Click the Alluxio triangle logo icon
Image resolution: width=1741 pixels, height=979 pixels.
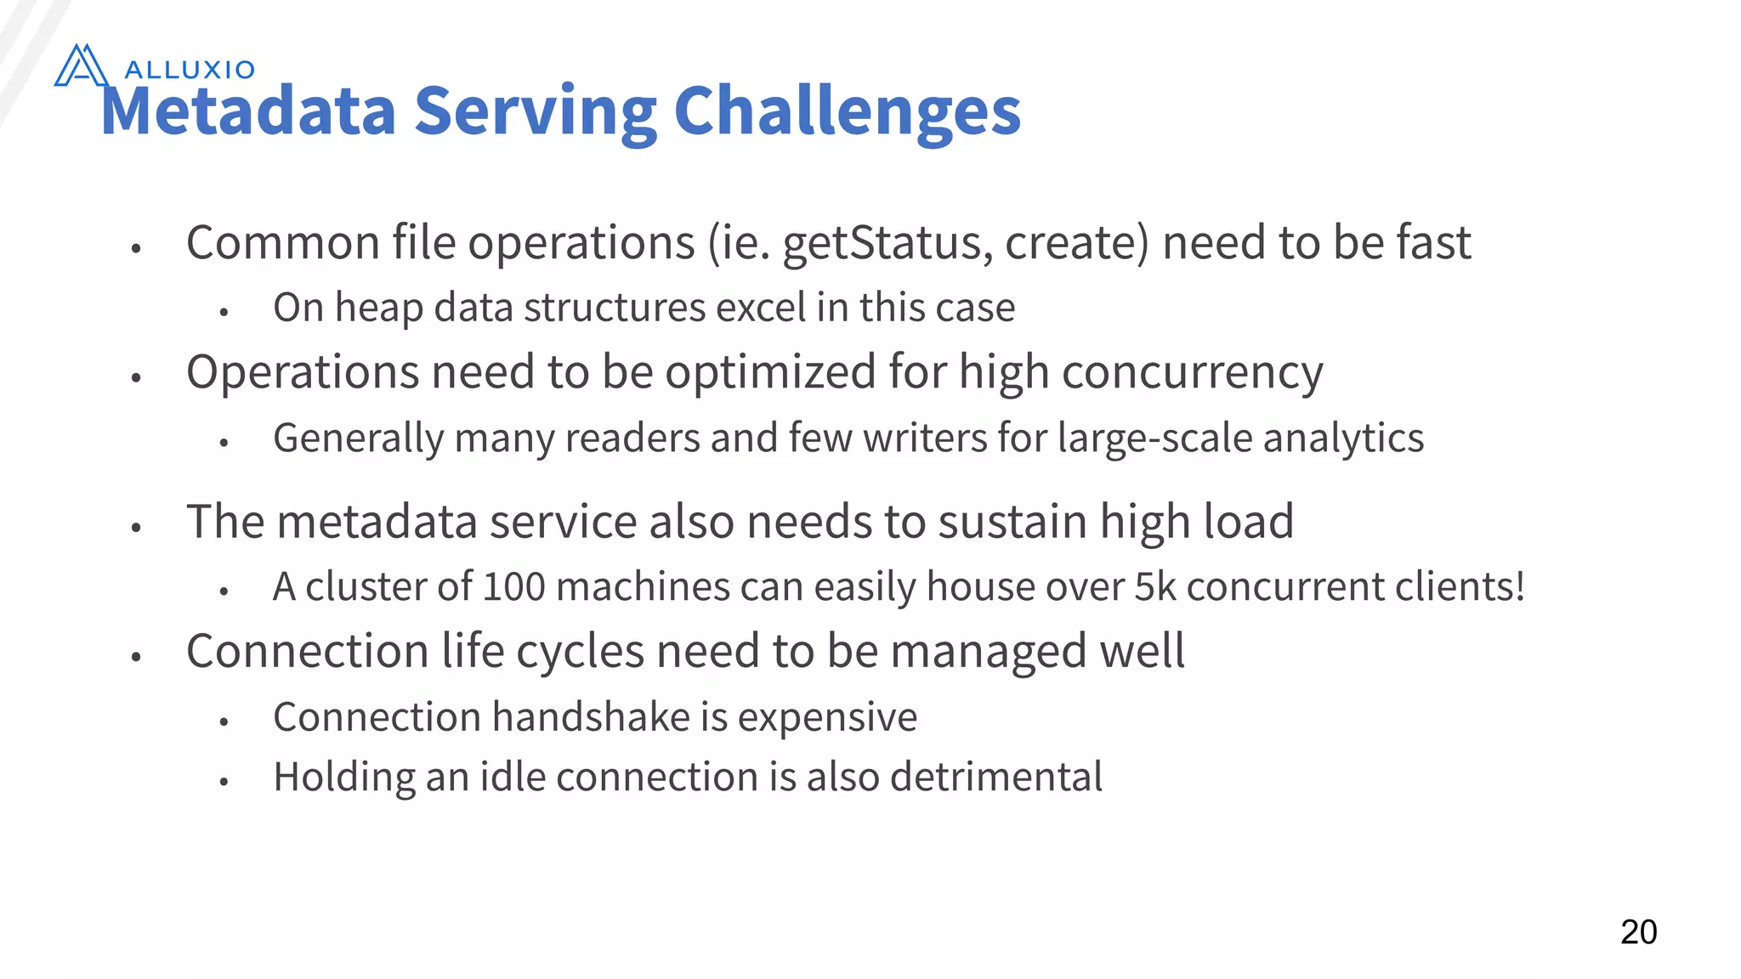81,65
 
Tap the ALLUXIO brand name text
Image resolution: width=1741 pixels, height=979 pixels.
190,70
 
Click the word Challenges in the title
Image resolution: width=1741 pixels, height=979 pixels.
847,111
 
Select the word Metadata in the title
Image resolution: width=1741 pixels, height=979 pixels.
248,111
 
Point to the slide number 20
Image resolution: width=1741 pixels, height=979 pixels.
1638,932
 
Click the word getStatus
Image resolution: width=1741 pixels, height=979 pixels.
887,244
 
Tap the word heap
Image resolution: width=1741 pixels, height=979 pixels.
379,308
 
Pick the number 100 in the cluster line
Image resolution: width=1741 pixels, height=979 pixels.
513,586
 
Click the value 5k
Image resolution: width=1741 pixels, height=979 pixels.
1154,586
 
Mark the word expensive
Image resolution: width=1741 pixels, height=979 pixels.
827,717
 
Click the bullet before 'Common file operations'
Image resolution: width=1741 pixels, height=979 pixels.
135,248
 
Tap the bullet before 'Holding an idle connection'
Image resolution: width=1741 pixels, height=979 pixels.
224,781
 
